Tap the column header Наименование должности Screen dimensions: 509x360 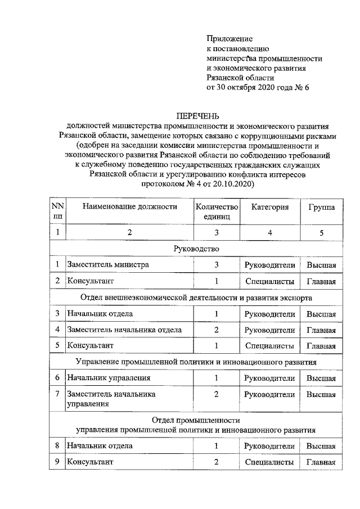tap(130, 207)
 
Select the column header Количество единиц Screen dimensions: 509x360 tap(217, 211)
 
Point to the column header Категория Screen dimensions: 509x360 tap(270, 207)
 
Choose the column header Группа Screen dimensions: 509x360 tap(321, 207)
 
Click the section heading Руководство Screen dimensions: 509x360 tap(196, 248)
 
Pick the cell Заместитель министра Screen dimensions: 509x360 tap(107, 264)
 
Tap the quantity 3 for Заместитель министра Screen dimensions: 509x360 tap(217, 264)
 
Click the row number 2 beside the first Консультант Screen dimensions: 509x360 tap(57, 281)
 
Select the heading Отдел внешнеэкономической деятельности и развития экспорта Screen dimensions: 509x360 tap(196, 297)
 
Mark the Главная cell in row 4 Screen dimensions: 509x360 tap(321, 330)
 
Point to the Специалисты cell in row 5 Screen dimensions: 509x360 tap(270, 346)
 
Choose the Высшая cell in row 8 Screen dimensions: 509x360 tap(321, 446)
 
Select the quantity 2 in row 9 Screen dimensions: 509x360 tap(217, 462)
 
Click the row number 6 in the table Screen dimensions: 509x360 tap(57, 378)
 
